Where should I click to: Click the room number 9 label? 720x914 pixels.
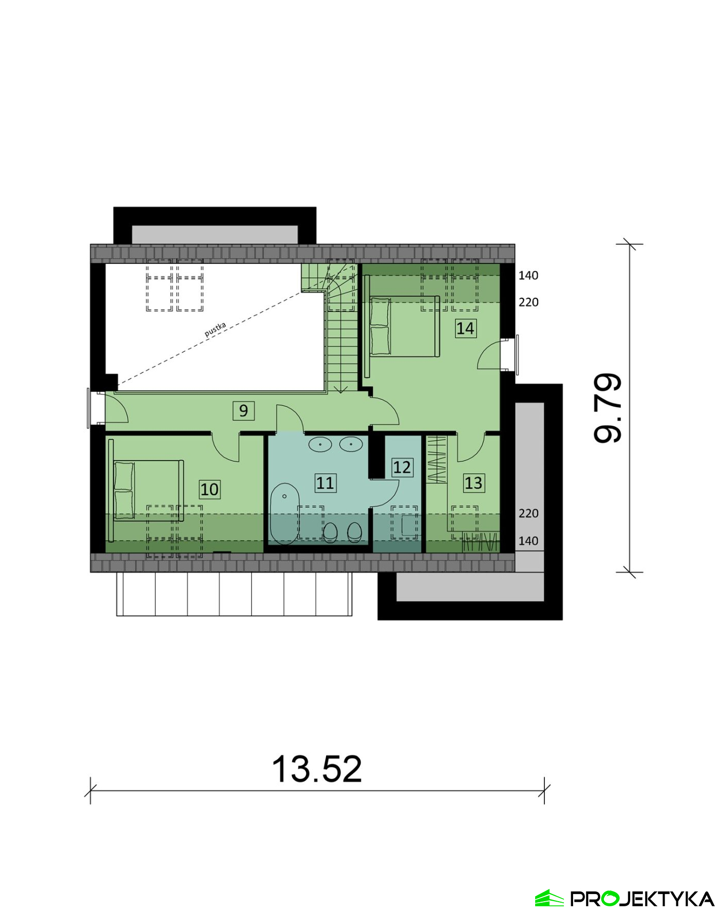pos(243,410)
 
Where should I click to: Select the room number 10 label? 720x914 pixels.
pos(210,489)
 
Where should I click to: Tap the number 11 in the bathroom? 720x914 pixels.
pos(325,483)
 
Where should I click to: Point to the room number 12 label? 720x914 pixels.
pos(402,467)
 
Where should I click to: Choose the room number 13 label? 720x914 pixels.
pos(473,483)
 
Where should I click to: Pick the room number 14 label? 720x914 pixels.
pos(465,328)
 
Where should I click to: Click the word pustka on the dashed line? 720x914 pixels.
pos(215,329)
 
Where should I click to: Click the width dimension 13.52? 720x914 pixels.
pos(316,769)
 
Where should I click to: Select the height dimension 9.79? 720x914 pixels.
pos(608,408)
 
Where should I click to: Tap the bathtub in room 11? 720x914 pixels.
pos(285,513)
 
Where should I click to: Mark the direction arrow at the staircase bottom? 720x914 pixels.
pos(341,389)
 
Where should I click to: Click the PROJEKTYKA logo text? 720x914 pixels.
pos(642,899)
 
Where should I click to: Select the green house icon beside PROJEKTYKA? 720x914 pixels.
pos(550,898)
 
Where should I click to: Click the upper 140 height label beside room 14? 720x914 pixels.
pos(528,276)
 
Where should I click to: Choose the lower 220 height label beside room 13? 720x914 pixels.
pos(528,513)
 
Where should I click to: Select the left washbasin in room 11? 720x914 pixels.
pos(320,444)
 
